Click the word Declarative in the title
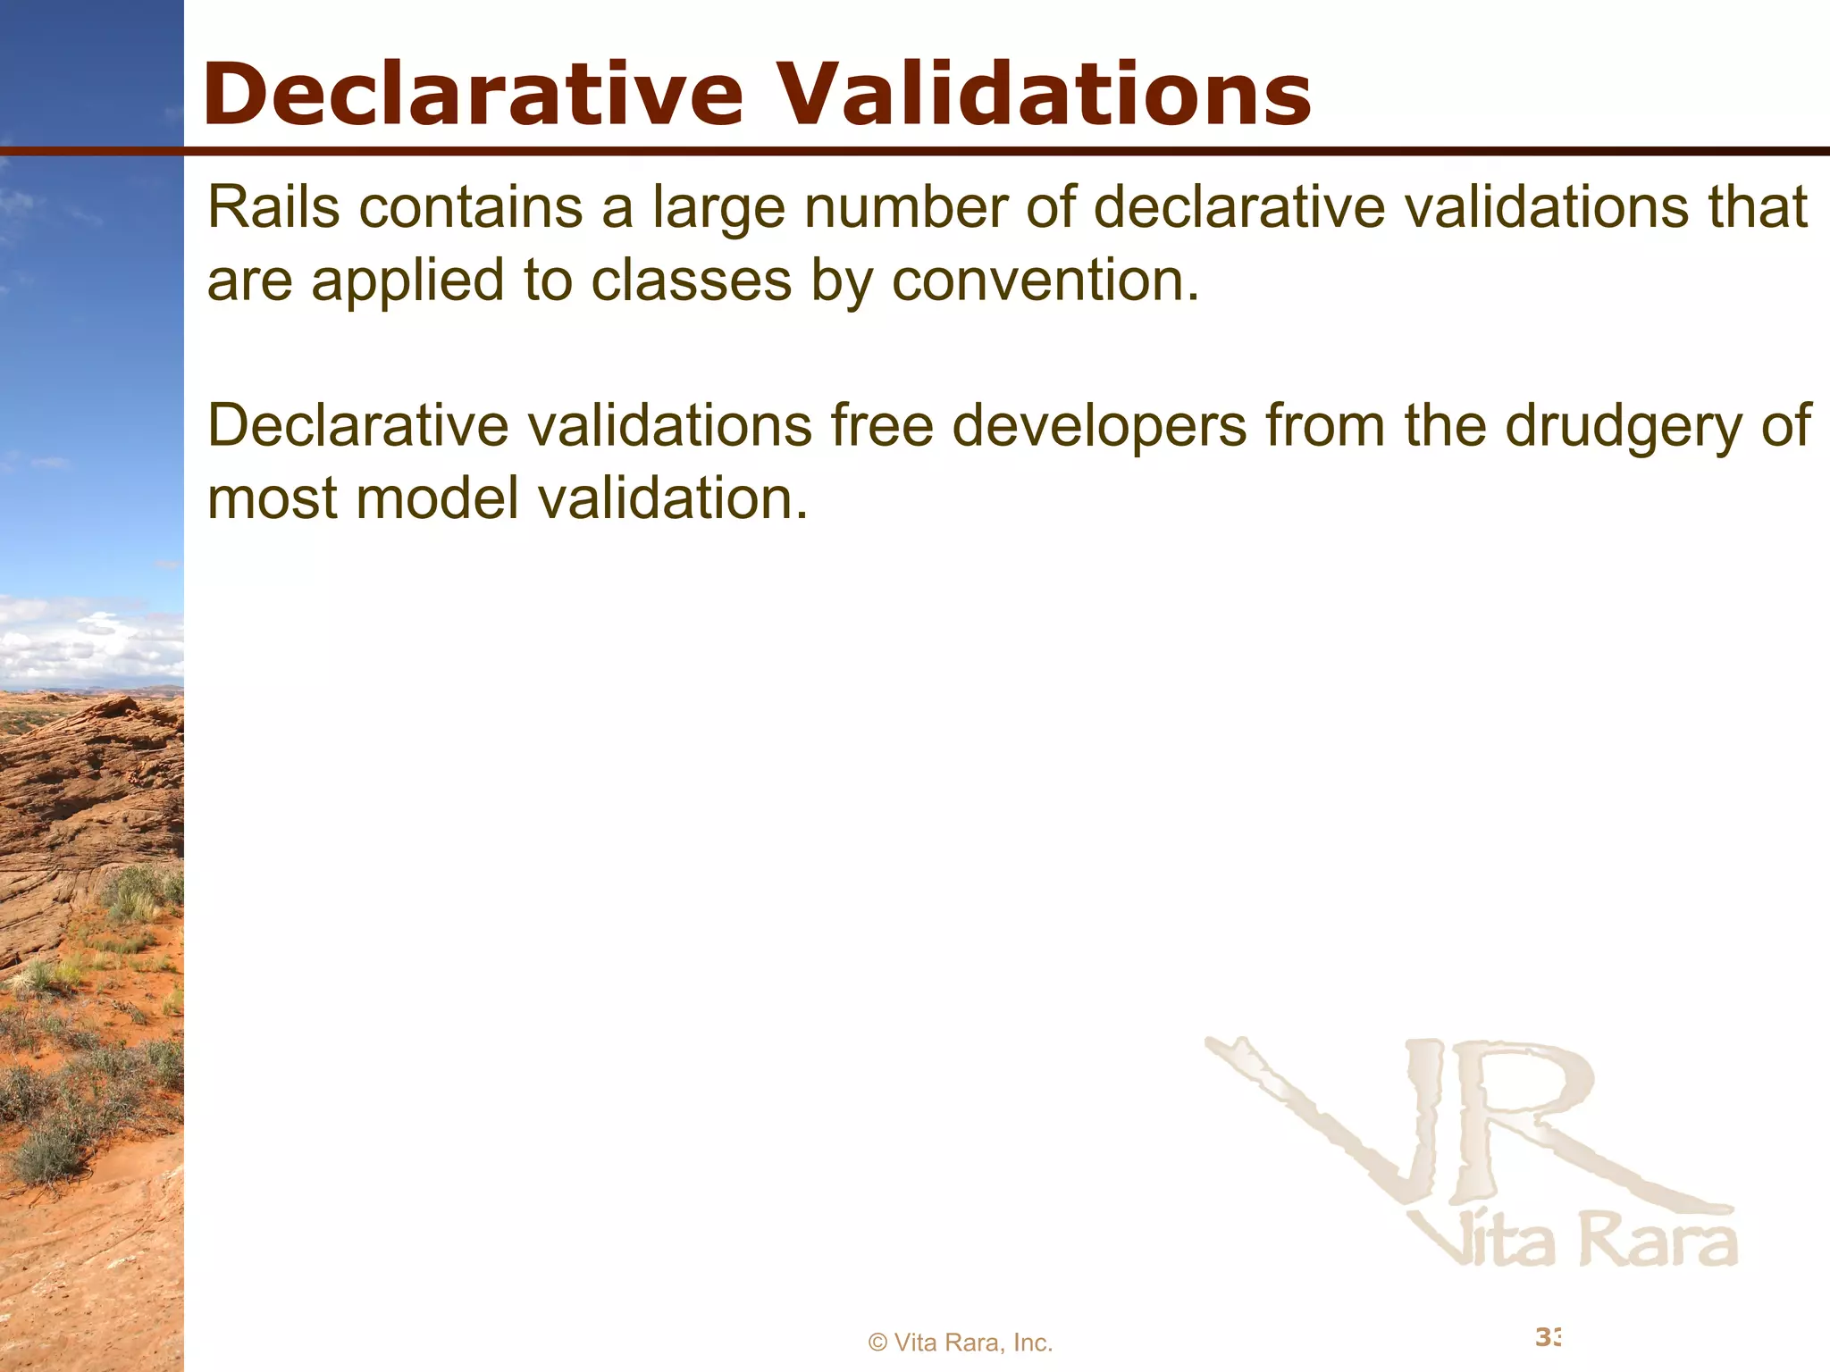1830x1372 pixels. [473, 95]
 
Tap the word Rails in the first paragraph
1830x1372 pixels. [273, 207]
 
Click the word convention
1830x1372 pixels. [1045, 280]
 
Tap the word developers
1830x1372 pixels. [1099, 427]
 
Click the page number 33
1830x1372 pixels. [1549, 1337]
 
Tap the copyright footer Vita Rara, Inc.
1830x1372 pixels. [961, 1343]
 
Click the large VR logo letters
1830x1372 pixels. [1465, 1125]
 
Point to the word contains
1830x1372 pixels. [470, 207]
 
